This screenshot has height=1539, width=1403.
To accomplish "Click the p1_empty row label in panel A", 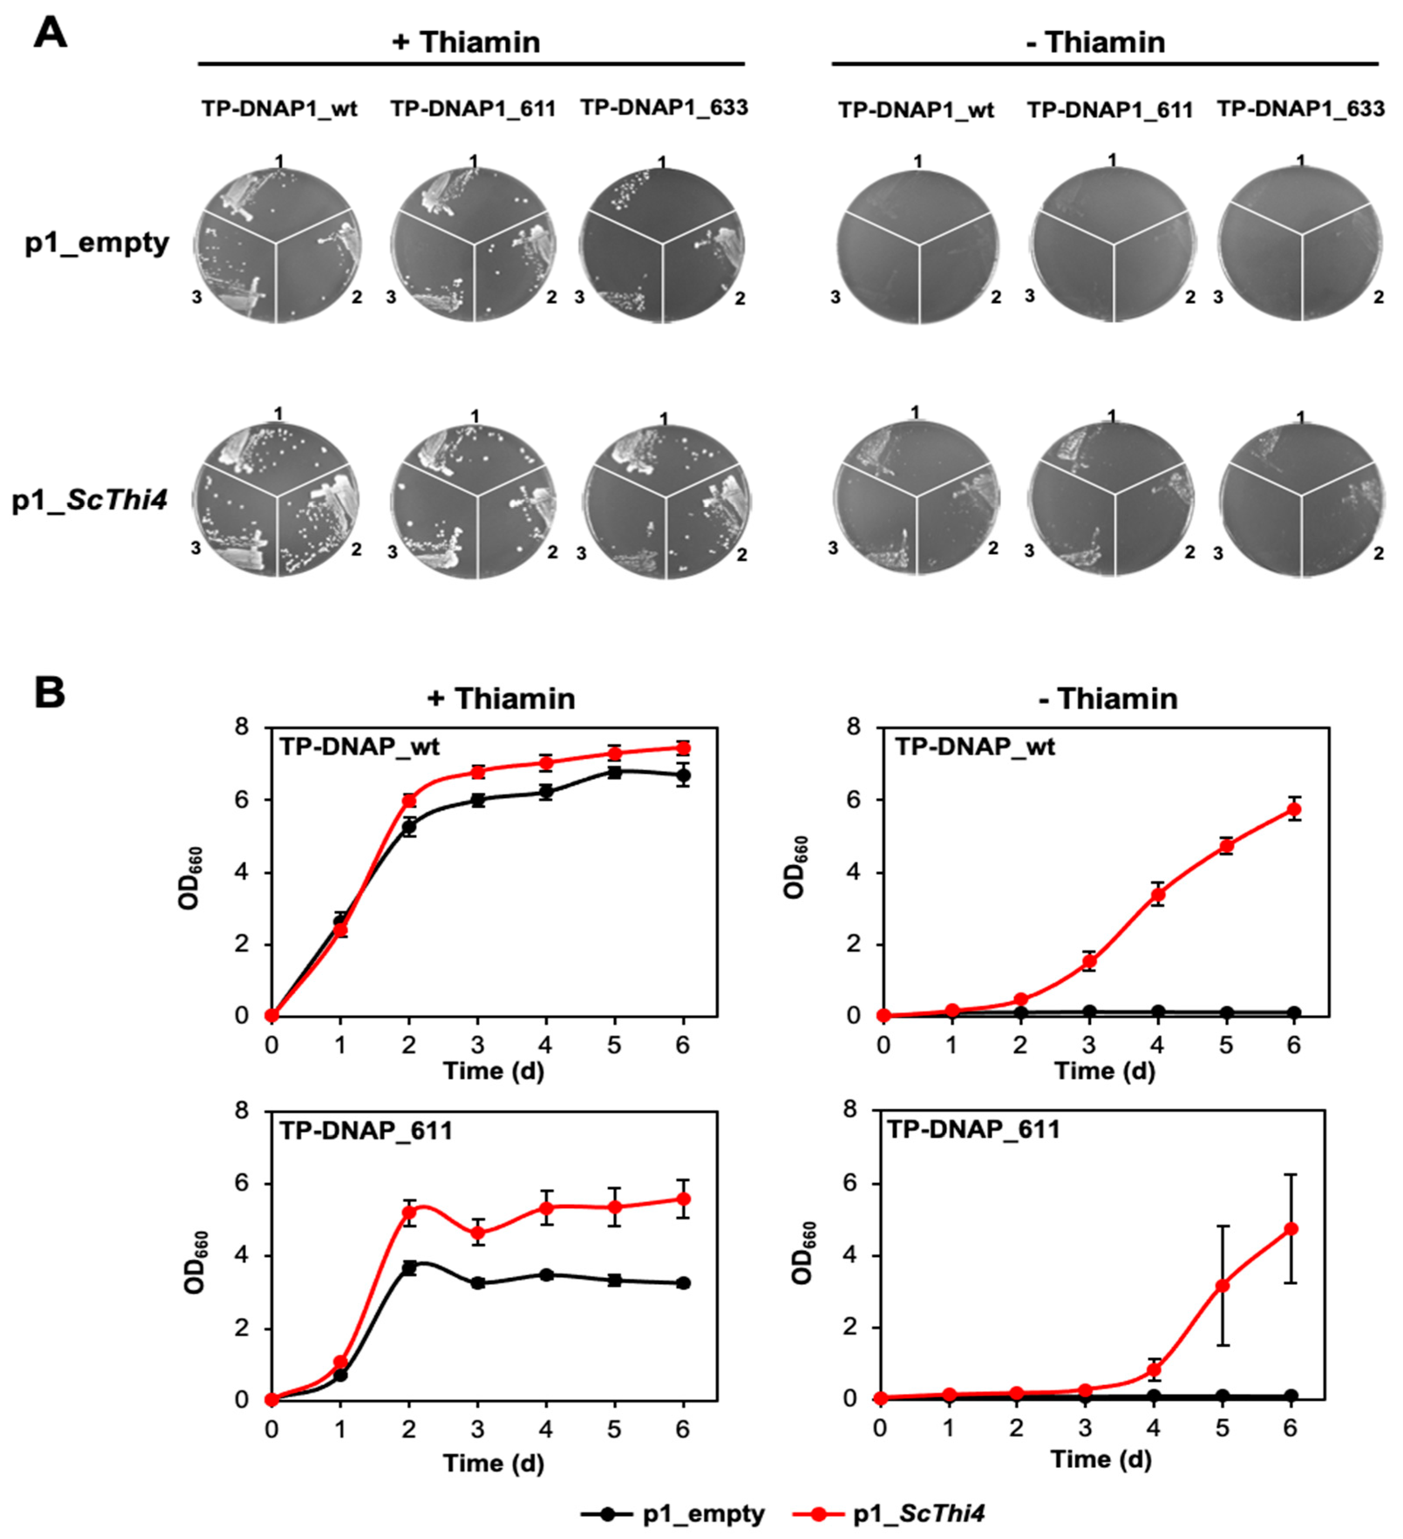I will click(x=97, y=243).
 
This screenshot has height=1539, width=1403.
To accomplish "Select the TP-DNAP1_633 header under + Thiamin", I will click(x=663, y=108).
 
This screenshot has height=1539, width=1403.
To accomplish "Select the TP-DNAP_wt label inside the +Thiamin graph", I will click(x=359, y=746).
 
